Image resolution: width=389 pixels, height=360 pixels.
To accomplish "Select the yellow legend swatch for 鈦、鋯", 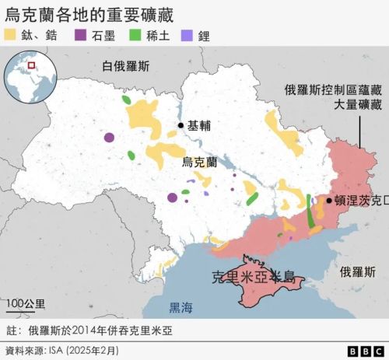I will click(x=12, y=36).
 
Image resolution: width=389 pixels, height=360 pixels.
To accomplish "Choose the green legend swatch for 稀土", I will click(x=135, y=36).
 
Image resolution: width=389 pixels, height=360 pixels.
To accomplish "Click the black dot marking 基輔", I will click(x=180, y=125).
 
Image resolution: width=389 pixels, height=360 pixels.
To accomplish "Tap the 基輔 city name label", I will click(x=199, y=125).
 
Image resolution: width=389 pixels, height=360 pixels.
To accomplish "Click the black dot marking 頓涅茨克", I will click(x=328, y=201).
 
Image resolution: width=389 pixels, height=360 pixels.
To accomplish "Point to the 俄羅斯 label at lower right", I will click(x=357, y=272).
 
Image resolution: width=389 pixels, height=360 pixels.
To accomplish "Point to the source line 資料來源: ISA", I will click(x=62, y=350).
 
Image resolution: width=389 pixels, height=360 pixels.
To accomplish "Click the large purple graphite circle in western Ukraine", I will click(x=109, y=138).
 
